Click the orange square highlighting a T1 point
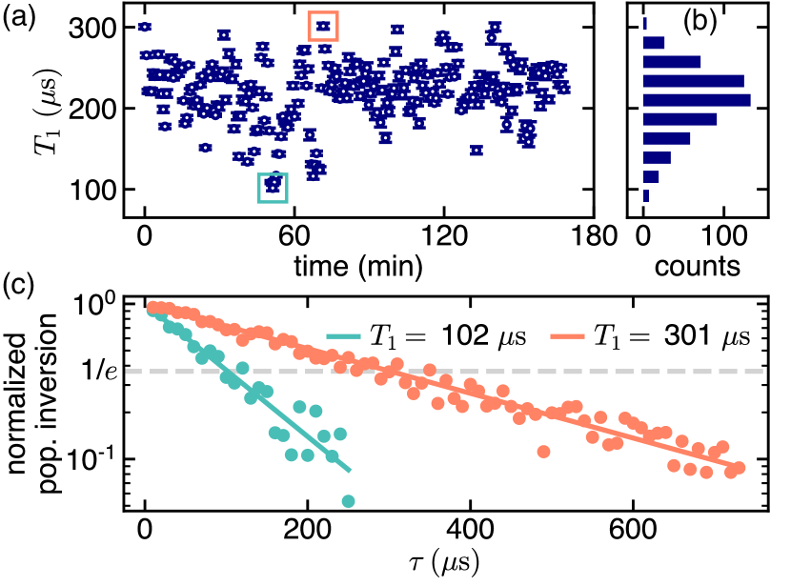click(323, 26)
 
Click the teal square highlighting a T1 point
click(273, 187)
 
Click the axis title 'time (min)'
click(358, 264)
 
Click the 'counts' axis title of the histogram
click(697, 264)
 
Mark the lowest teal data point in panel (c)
click(348, 501)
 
